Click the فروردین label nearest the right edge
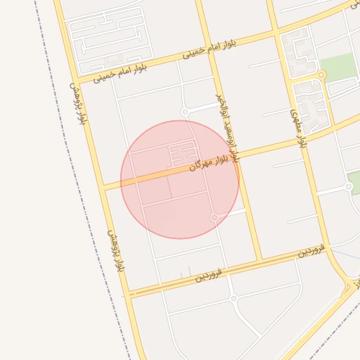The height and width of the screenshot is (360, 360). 309,250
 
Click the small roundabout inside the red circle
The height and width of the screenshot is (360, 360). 214,218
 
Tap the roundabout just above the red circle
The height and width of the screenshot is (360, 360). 185,112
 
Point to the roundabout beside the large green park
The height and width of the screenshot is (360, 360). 321,75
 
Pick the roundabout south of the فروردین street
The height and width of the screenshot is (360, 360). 233,299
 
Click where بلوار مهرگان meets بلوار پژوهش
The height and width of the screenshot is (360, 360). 103,188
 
